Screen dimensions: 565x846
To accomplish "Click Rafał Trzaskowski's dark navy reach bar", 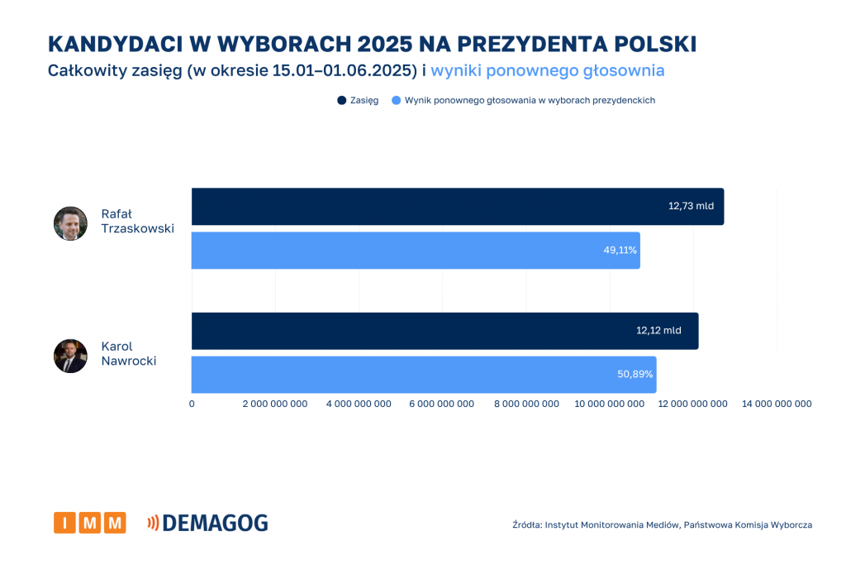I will point(457,206).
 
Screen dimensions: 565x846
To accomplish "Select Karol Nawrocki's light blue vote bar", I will point(423,375).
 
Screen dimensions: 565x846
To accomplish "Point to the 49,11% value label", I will point(620,250).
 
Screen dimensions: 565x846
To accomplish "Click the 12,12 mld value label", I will point(658,330).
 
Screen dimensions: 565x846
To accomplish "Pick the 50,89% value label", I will point(634,375).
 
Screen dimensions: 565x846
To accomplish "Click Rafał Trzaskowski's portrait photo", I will point(70,223).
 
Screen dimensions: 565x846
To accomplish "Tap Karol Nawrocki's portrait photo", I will point(70,356).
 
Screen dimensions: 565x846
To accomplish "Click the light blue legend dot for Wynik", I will point(396,100).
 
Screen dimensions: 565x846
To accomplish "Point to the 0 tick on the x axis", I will point(192,404).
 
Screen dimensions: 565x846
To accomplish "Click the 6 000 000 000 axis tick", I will point(442,404).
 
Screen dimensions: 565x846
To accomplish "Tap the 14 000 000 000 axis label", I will point(777,404).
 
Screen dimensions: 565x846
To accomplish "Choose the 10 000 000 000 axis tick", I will point(609,404).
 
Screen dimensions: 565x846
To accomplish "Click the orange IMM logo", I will point(90,523).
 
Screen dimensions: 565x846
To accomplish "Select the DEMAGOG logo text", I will point(215,523).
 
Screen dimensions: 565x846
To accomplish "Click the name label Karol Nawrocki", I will point(128,353).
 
